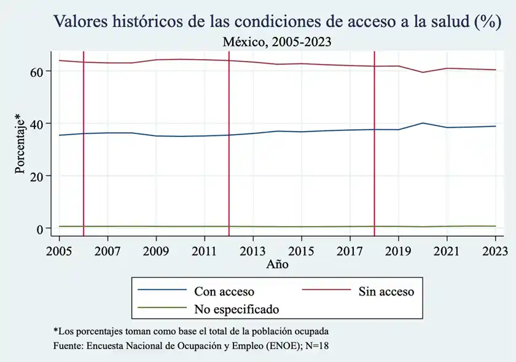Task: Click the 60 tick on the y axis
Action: coord(38,71)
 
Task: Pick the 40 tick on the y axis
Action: coord(38,124)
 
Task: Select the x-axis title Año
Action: coord(277,265)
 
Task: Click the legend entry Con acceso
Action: coord(224,291)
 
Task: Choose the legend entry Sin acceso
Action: coord(386,291)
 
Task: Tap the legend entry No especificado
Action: coord(237,308)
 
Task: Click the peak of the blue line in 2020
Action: coord(423,123)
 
